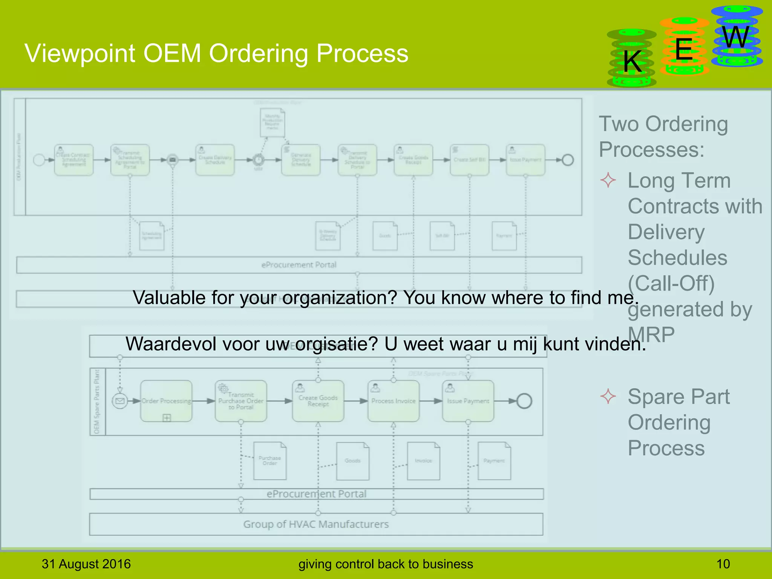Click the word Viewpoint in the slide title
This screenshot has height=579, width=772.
[x=80, y=54]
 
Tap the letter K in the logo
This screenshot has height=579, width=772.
[x=632, y=61]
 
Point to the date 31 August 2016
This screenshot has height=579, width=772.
[x=86, y=564]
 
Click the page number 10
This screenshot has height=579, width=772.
[x=723, y=564]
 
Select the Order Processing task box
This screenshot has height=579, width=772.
[x=166, y=401]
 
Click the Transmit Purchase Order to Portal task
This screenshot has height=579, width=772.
[x=241, y=401]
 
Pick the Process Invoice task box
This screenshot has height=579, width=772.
[x=393, y=401]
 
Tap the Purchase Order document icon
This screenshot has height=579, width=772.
[x=270, y=461]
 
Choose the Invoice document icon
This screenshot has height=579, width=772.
[x=423, y=461]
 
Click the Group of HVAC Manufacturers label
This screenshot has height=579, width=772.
[x=316, y=524]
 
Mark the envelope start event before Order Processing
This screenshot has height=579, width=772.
[x=120, y=401]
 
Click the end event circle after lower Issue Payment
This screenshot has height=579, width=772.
[x=524, y=401]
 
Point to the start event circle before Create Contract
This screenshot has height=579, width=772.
[x=39, y=160]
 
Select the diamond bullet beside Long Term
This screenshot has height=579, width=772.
[x=608, y=180]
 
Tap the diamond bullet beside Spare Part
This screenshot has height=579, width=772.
[x=608, y=397]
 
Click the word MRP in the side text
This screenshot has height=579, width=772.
[x=651, y=334]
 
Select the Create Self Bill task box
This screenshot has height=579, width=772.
[x=469, y=160]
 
